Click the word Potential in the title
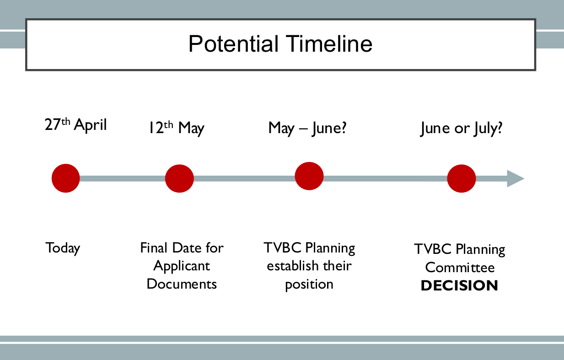tap(233, 44)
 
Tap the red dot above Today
tap(65, 178)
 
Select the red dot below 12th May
tap(179, 178)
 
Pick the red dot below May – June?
tap(309, 176)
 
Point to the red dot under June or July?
tap(461, 178)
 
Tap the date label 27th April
tap(75, 125)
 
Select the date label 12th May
tap(176, 128)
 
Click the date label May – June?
tap(307, 128)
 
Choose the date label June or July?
tap(461, 129)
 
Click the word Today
tap(63, 248)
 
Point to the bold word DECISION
tap(459, 286)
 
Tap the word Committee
tap(460, 268)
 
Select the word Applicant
tap(182, 266)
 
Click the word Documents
tap(182, 284)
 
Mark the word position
tap(309, 285)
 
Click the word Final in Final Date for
tap(154, 248)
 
